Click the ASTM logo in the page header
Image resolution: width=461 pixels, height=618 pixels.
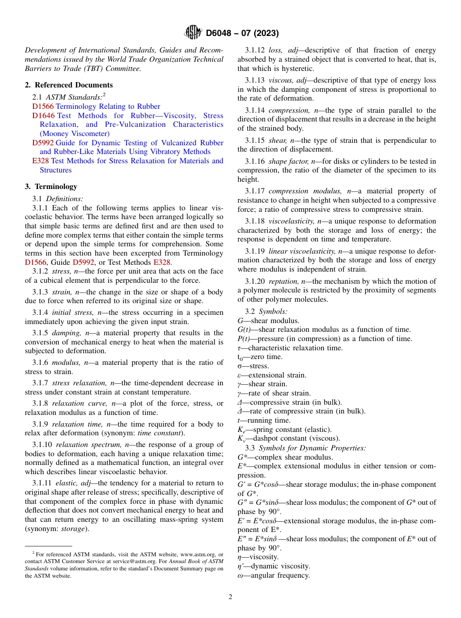pos(193,33)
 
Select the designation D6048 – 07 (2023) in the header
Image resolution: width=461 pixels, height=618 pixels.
pos(242,33)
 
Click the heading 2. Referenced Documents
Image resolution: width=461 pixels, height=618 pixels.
pos(69,85)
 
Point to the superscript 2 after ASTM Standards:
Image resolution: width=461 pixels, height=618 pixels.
pos(104,95)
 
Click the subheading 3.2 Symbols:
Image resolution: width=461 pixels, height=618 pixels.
pos(266,311)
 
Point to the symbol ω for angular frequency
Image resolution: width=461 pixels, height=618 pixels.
pos(240,576)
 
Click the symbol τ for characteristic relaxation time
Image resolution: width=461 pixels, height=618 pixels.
pos(239,348)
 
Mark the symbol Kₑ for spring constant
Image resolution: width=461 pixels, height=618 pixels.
pos(241,430)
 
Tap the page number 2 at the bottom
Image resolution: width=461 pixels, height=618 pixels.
pos(230,597)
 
